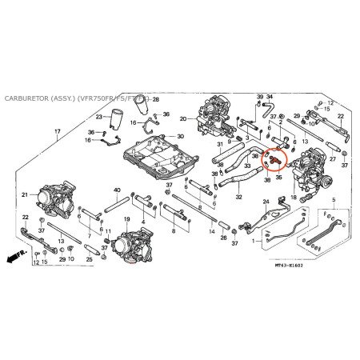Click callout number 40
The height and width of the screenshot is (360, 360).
(x=117, y=190)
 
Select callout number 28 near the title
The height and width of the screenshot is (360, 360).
(x=156, y=99)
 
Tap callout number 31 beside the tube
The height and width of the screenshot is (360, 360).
(x=219, y=145)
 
